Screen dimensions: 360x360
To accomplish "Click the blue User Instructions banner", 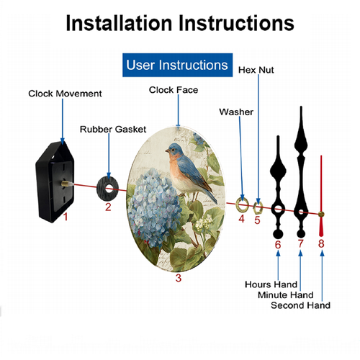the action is click(x=177, y=65).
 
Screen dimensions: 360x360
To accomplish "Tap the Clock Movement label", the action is click(x=65, y=94).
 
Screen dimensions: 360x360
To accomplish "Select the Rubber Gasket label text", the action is click(x=113, y=130).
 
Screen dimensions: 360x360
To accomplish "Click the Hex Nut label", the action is click(x=256, y=70).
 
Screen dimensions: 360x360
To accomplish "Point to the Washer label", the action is click(x=236, y=112).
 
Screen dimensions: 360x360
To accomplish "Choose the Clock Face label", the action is click(x=174, y=90).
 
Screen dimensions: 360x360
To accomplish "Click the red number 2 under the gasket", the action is click(x=108, y=207).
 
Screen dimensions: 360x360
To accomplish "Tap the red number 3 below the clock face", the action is click(x=179, y=278).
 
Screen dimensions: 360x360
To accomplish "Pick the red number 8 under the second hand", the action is click(x=321, y=243).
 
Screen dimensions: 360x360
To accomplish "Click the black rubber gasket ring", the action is click(x=101, y=189).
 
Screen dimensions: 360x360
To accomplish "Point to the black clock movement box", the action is click(x=55, y=182).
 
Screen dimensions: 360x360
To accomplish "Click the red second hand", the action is click(x=321, y=196).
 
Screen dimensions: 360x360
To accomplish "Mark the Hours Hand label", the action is click(x=271, y=284).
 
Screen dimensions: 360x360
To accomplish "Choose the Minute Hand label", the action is click(x=286, y=295).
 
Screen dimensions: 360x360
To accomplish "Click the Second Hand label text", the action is click(x=300, y=305).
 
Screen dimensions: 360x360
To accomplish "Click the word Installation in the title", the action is click(x=119, y=23).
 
